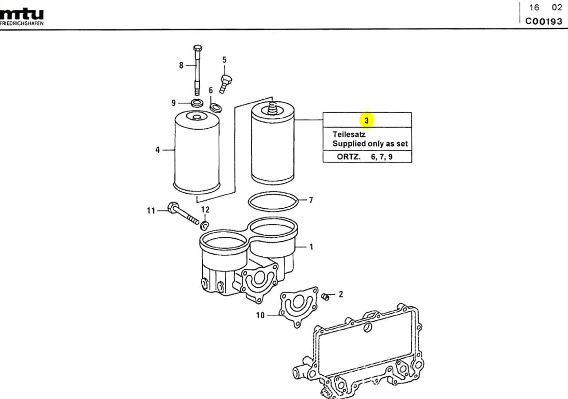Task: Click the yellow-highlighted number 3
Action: (x=366, y=120)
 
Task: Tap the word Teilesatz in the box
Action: (x=349, y=134)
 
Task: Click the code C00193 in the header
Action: (x=543, y=21)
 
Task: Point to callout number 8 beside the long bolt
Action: (x=181, y=65)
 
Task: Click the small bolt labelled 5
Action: (x=226, y=82)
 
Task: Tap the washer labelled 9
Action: (x=197, y=103)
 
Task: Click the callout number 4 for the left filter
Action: (x=157, y=150)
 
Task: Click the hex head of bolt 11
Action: (x=173, y=209)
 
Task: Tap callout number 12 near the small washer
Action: (x=205, y=210)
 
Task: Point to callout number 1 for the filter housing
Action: (x=311, y=247)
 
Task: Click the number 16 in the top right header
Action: (x=534, y=7)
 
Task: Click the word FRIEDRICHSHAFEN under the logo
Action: (x=22, y=24)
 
